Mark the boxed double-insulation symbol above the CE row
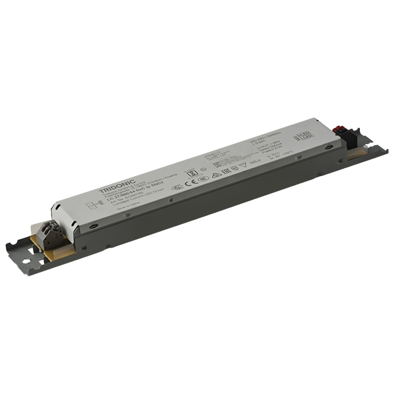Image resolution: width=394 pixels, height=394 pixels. click(x=192, y=173)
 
